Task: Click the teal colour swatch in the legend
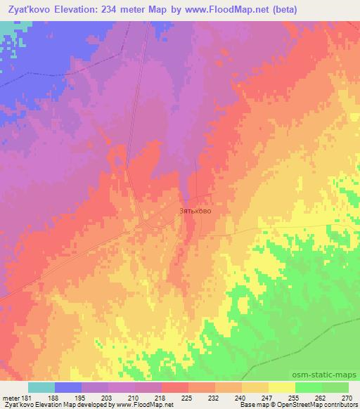click(41, 387)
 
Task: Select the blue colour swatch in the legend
click(68, 387)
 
